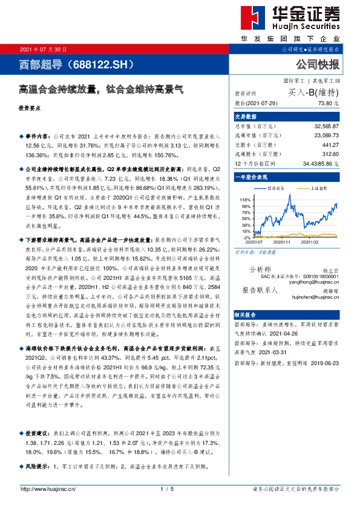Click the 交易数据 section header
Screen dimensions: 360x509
click(x=246, y=117)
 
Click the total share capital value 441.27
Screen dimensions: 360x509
click(x=330, y=146)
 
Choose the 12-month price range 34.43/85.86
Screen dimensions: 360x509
click(x=324, y=164)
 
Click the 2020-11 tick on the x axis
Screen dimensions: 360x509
click(x=283, y=242)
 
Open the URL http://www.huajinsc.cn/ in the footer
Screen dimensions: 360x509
click(x=48, y=489)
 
